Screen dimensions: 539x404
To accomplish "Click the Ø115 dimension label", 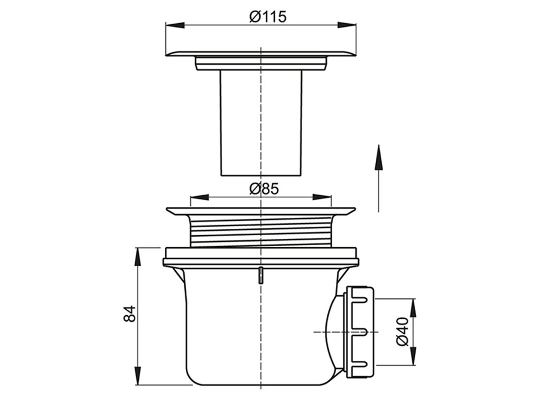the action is click(x=268, y=16).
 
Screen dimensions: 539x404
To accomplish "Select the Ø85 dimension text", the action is click(x=264, y=189).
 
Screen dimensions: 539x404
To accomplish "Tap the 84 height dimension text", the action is click(x=130, y=314).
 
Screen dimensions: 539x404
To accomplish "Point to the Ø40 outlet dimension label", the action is click(x=402, y=331).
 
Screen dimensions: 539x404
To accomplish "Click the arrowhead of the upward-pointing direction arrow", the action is click(x=378, y=157).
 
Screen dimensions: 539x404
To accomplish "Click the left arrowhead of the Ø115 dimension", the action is click(x=175, y=25).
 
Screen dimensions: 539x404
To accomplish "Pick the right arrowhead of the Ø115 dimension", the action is click(x=347, y=25).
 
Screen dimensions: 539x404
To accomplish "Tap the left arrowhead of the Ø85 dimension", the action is click(x=199, y=197).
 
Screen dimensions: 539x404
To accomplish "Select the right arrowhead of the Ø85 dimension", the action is click(x=322, y=197).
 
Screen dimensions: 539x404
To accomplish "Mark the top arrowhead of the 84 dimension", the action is click(x=137, y=257).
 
